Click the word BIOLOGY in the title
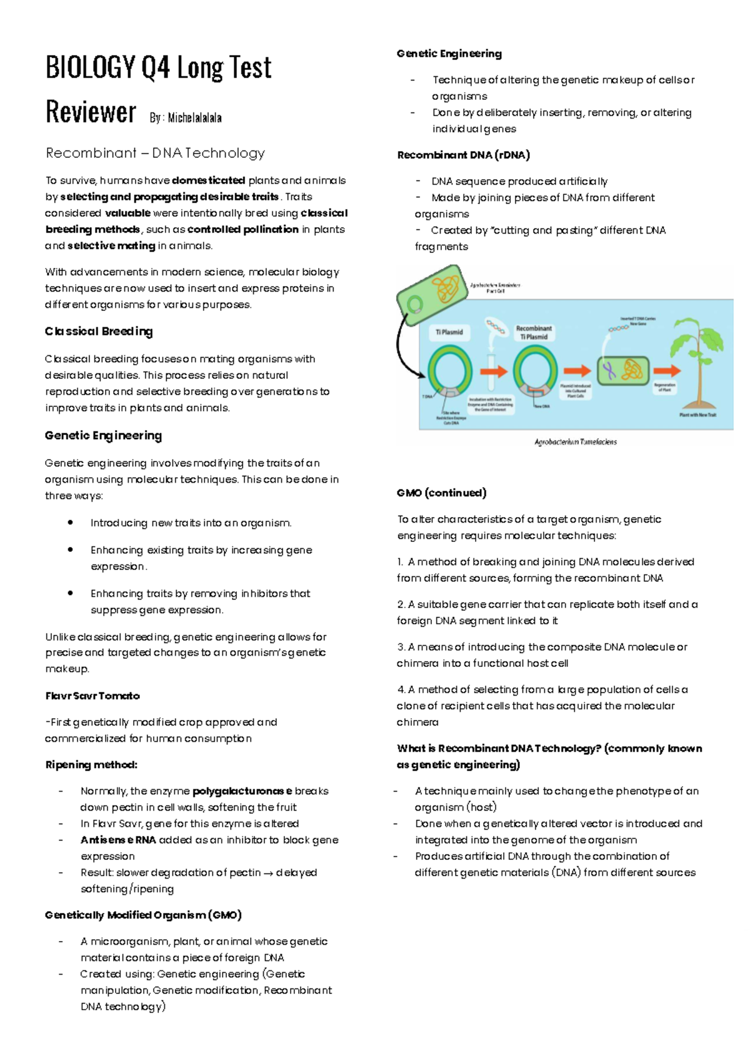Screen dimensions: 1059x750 [x=90, y=67]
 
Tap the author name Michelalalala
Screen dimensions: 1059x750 [x=194, y=117]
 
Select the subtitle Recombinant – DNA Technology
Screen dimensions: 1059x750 [x=155, y=153]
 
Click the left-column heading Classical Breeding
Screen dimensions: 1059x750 [x=99, y=332]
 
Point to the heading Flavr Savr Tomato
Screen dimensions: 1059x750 [x=92, y=696]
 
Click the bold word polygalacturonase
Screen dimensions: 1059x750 [x=242, y=791]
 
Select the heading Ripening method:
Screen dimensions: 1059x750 [x=91, y=765]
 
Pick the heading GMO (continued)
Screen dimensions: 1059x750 [x=441, y=493]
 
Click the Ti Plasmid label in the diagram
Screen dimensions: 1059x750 [x=449, y=332]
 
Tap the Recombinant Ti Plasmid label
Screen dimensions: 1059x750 [x=534, y=332]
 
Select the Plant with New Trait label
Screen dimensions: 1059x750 [x=697, y=415]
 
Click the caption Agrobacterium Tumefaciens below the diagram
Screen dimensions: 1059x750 [x=575, y=442]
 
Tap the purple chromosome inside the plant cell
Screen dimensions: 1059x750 [x=609, y=372]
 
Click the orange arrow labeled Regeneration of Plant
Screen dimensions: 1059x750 [x=665, y=371]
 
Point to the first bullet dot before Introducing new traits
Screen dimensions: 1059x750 [x=71, y=523]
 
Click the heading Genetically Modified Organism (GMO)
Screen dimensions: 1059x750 [x=143, y=915]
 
